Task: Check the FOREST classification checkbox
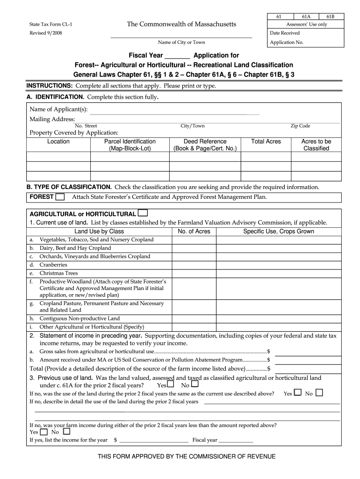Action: pos(60,197)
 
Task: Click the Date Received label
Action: pos(285,33)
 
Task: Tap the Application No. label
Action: pos(287,42)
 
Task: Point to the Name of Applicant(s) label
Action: pos(58,109)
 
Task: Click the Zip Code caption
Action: pos(300,126)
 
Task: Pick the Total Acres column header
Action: pos(266,141)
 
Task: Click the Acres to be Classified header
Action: pos(316,145)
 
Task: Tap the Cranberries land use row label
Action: pos(53,265)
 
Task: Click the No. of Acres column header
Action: pos(194,232)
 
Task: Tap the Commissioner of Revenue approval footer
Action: pos(187,457)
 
